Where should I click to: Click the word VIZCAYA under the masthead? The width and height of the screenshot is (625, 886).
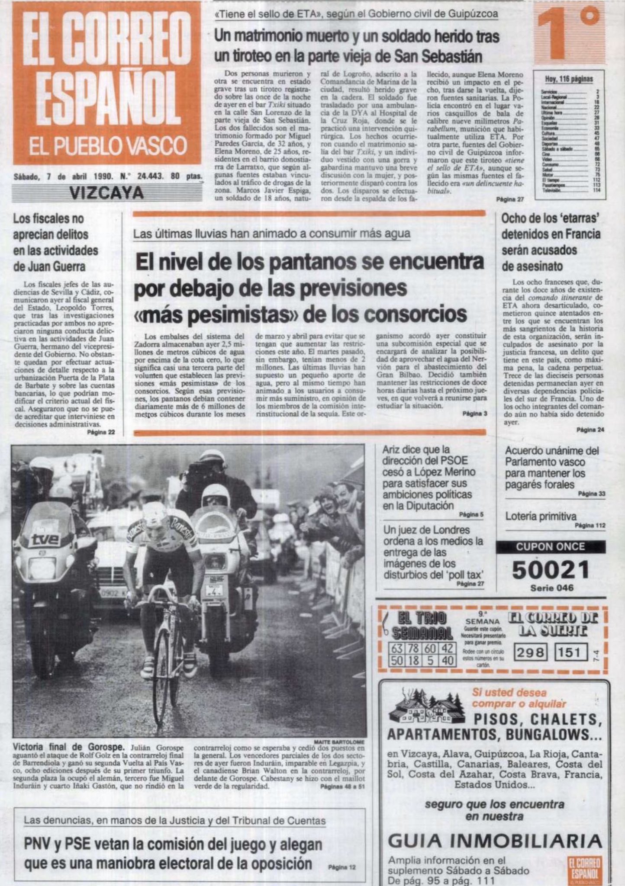point(106,193)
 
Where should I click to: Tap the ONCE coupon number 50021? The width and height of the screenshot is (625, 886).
point(551,570)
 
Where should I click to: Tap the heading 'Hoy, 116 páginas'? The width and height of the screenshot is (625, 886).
point(569,79)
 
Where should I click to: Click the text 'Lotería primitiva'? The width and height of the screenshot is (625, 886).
point(541,516)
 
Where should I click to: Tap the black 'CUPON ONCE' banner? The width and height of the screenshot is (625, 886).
point(551,547)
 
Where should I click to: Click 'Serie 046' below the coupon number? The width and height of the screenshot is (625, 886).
point(551,588)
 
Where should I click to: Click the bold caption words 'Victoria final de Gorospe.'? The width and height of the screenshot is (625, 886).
point(68,747)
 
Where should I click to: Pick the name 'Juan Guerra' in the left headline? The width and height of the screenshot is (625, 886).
point(49,266)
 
